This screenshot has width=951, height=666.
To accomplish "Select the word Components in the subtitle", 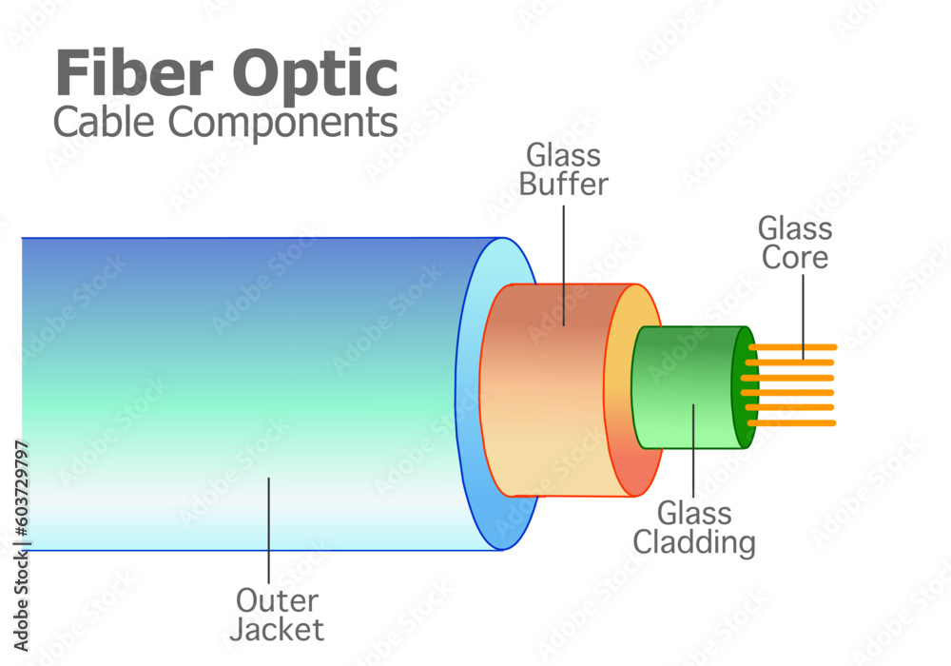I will coord(286,122).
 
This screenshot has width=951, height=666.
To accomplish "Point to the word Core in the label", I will coord(795,258).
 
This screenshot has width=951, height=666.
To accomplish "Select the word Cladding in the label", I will coord(694,542).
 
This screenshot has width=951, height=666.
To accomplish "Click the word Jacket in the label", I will coord(280,629).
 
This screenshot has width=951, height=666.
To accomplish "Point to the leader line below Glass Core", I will coord(802,314).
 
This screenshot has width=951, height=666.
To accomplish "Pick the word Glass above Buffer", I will coord(563,154).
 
